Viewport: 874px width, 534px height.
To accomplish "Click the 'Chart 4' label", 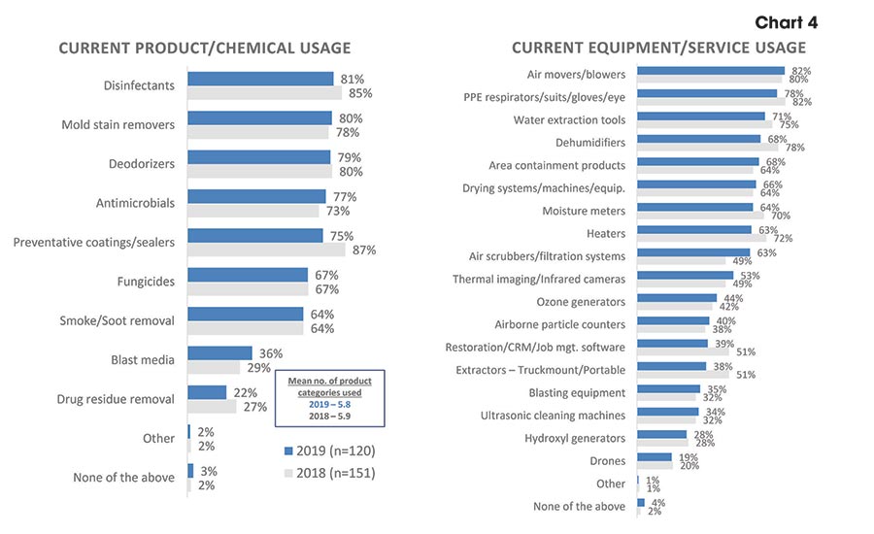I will [x=786, y=22].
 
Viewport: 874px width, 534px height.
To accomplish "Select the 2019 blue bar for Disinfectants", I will [x=259, y=79].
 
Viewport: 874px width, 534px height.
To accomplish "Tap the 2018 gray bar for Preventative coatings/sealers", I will [x=265, y=250].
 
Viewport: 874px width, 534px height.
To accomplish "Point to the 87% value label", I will [x=363, y=250].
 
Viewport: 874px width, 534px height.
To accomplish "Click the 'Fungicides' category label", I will [x=145, y=282].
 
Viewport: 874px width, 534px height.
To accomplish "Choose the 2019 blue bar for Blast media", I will [x=219, y=353].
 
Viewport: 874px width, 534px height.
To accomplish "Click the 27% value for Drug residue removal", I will [x=254, y=407].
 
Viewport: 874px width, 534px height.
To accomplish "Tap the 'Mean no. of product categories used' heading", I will [x=328, y=386].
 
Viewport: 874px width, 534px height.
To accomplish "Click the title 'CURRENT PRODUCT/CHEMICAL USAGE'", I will [x=205, y=49].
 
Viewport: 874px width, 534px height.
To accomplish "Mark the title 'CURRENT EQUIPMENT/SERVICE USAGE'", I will [x=658, y=48].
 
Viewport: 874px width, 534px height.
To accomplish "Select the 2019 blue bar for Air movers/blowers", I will [x=710, y=71].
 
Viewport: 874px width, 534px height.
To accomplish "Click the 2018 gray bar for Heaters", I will [x=701, y=238].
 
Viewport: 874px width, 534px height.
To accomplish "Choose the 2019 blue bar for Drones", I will [x=655, y=456].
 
